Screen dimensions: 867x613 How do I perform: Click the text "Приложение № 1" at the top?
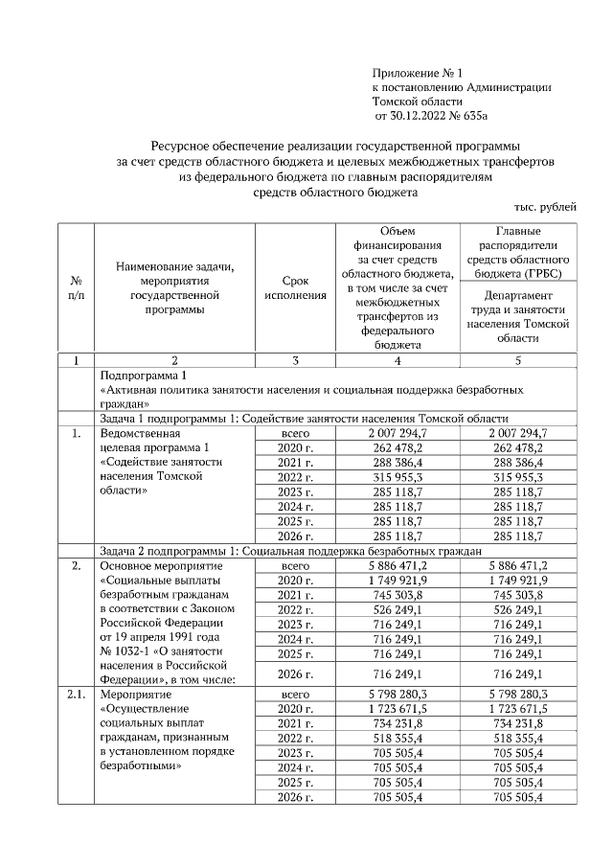pyautogui.click(x=417, y=73)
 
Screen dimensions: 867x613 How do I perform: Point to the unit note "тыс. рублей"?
pyautogui.click(x=546, y=207)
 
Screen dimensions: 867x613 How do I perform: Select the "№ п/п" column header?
pyautogui.click(x=77, y=288)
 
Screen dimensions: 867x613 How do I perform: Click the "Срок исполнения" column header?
pyautogui.click(x=295, y=288)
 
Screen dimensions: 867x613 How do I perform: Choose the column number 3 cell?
pyautogui.click(x=295, y=360)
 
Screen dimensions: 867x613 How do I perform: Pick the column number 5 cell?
pyautogui.click(x=518, y=360)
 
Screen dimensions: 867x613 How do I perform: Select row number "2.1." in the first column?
pyautogui.click(x=77, y=693)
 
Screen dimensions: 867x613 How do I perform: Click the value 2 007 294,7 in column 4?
pyautogui.click(x=397, y=434)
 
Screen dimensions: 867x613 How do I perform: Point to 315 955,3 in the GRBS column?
pyautogui.click(x=518, y=477)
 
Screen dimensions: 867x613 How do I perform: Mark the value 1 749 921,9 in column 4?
pyautogui.click(x=397, y=580)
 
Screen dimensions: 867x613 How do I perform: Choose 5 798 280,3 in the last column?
pyautogui.click(x=518, y=693)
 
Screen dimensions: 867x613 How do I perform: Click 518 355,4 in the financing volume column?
pyautogui.click(x=397, y=739)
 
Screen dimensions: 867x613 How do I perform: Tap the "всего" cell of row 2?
pyautogui.click(x=295, y=565)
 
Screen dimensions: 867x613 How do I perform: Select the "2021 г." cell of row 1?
pyautogui.click(x=295, y=463)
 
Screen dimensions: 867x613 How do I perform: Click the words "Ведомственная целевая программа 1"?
pyautogui.click(x=154, y=441)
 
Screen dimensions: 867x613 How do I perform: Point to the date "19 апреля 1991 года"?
pyautogui.click(x=159, y=637)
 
